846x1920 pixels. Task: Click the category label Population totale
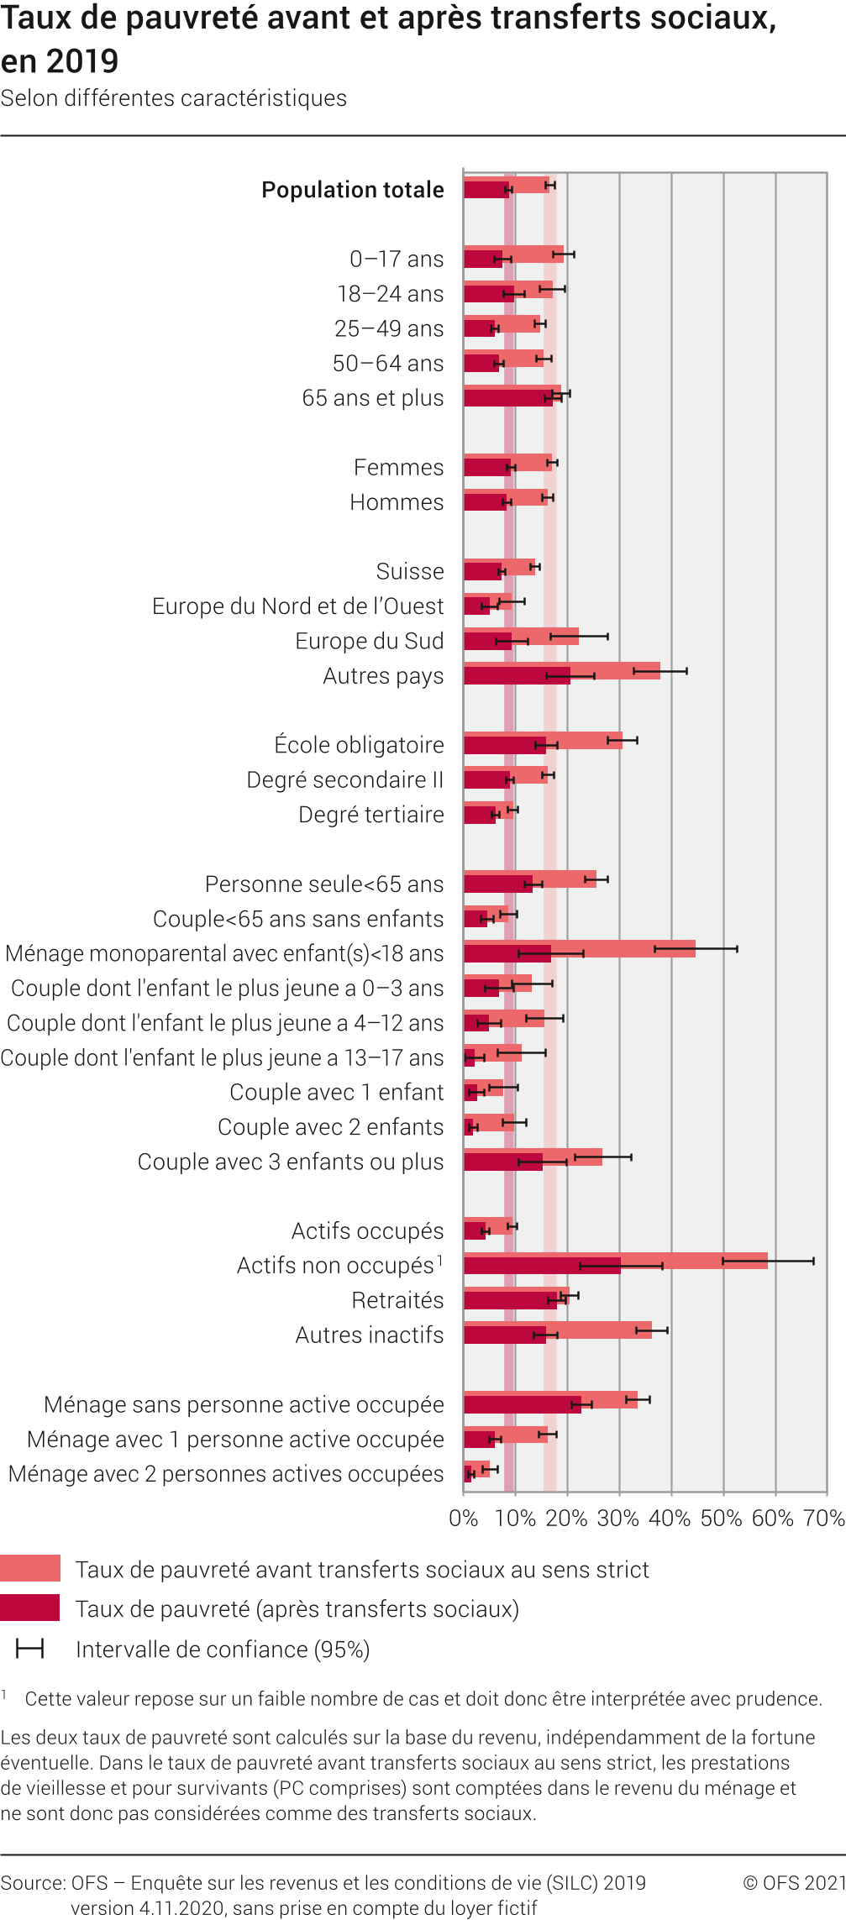[x=353, y=190]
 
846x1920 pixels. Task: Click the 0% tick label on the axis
[x=464, y=1519]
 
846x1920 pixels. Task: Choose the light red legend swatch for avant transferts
[x=30, y=1568]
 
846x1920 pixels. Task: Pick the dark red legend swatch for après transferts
[x=30, y=1608]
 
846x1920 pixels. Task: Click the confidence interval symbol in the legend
[x=30, y=1649]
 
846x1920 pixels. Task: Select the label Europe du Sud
[x=369, y=641]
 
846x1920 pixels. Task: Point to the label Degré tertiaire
[x=370, y=815]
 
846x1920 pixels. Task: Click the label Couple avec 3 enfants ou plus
[x=290, y=1162]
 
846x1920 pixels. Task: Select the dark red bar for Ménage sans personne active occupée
[x=522, y=1404]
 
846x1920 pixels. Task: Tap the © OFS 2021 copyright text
[x=794, y=1883]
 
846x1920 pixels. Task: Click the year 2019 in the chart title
[x=83, y=61]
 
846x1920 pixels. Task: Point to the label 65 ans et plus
[x=372, y=398]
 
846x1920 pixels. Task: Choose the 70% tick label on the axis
[x=823, y=1519]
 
